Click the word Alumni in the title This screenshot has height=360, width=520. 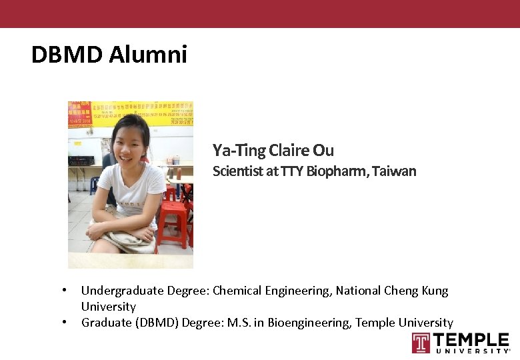click(x=148, y=55)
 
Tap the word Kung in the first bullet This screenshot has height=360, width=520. click(x=435, y=291)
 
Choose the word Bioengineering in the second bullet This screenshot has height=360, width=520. click(x=303, y=323)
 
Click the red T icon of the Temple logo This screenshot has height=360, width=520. click(x=421, y=343)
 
